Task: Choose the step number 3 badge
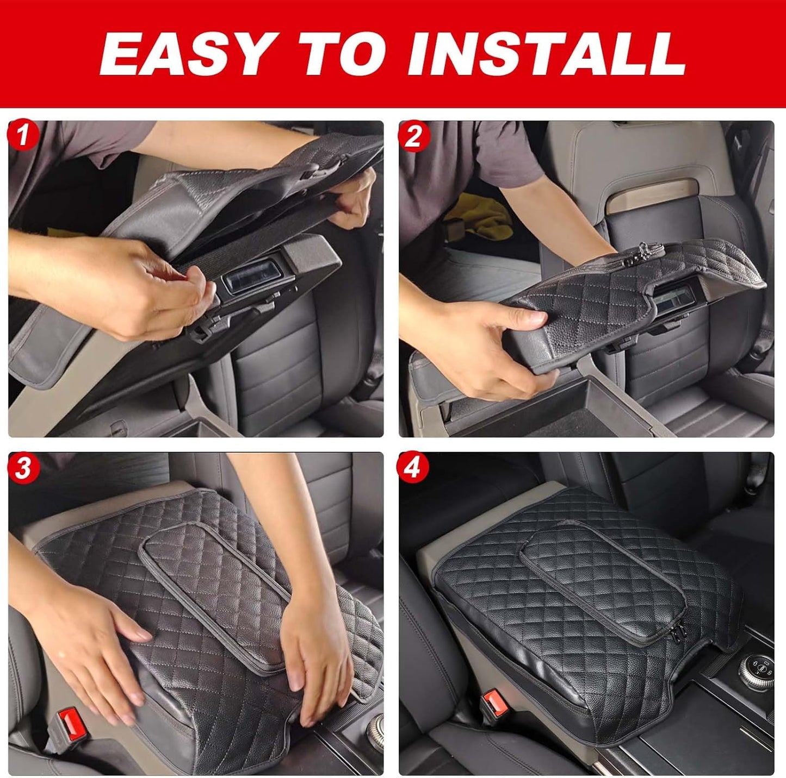[x=22, y=468]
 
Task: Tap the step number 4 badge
[x=414, y=468]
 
